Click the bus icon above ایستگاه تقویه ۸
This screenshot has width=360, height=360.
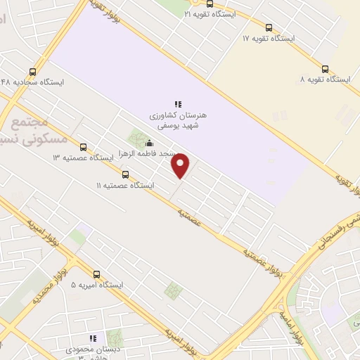pyautogui.click(x=325, y=69)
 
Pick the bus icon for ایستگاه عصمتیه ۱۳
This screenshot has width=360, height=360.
pyautogui.click(x=84, y=147)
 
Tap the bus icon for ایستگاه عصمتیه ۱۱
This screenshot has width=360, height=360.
pyautogui.click(x=125, y=174)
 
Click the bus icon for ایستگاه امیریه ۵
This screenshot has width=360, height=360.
pyautogui.click(x=96, y=274)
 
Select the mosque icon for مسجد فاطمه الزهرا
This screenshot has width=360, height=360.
pyautogui.click(x=148, y=143)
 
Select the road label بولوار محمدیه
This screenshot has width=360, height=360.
pyautogui.click(x=61, y=281)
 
